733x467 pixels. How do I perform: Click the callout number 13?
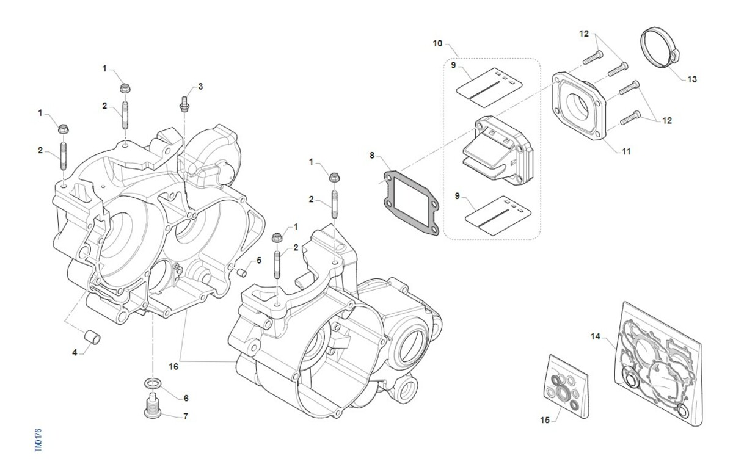coord(691,79)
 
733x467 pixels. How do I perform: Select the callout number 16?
coord(174,366)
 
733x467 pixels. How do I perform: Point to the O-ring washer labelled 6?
coord(153,383)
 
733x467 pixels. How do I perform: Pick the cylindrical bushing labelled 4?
coord(92,336)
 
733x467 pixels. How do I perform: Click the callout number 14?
coord(596,336)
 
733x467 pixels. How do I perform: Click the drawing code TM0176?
coord(38,440)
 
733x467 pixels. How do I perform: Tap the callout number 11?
coord(626,151)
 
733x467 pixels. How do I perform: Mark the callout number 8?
coord(371,156)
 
